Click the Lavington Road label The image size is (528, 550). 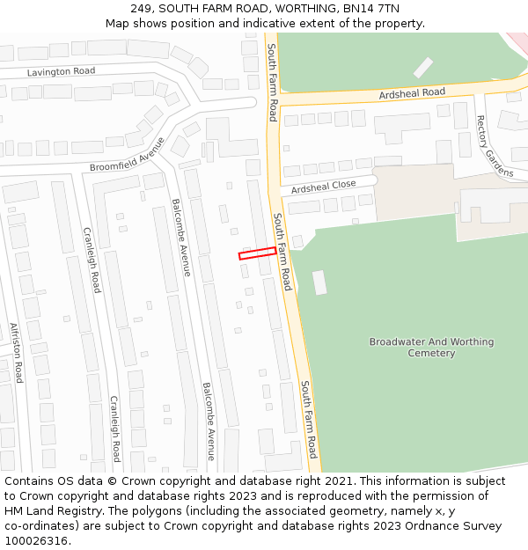point(61,71)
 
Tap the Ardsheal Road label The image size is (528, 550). point(412,92)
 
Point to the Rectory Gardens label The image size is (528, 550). point(494,146)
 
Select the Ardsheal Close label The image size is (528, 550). point(324,187)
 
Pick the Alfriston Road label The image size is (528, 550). point(15,352)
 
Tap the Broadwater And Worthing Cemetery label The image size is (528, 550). point(431,348)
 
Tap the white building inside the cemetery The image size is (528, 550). point(319,282)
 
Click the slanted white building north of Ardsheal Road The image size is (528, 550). point(423,67)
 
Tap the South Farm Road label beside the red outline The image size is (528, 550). point(282,252)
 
